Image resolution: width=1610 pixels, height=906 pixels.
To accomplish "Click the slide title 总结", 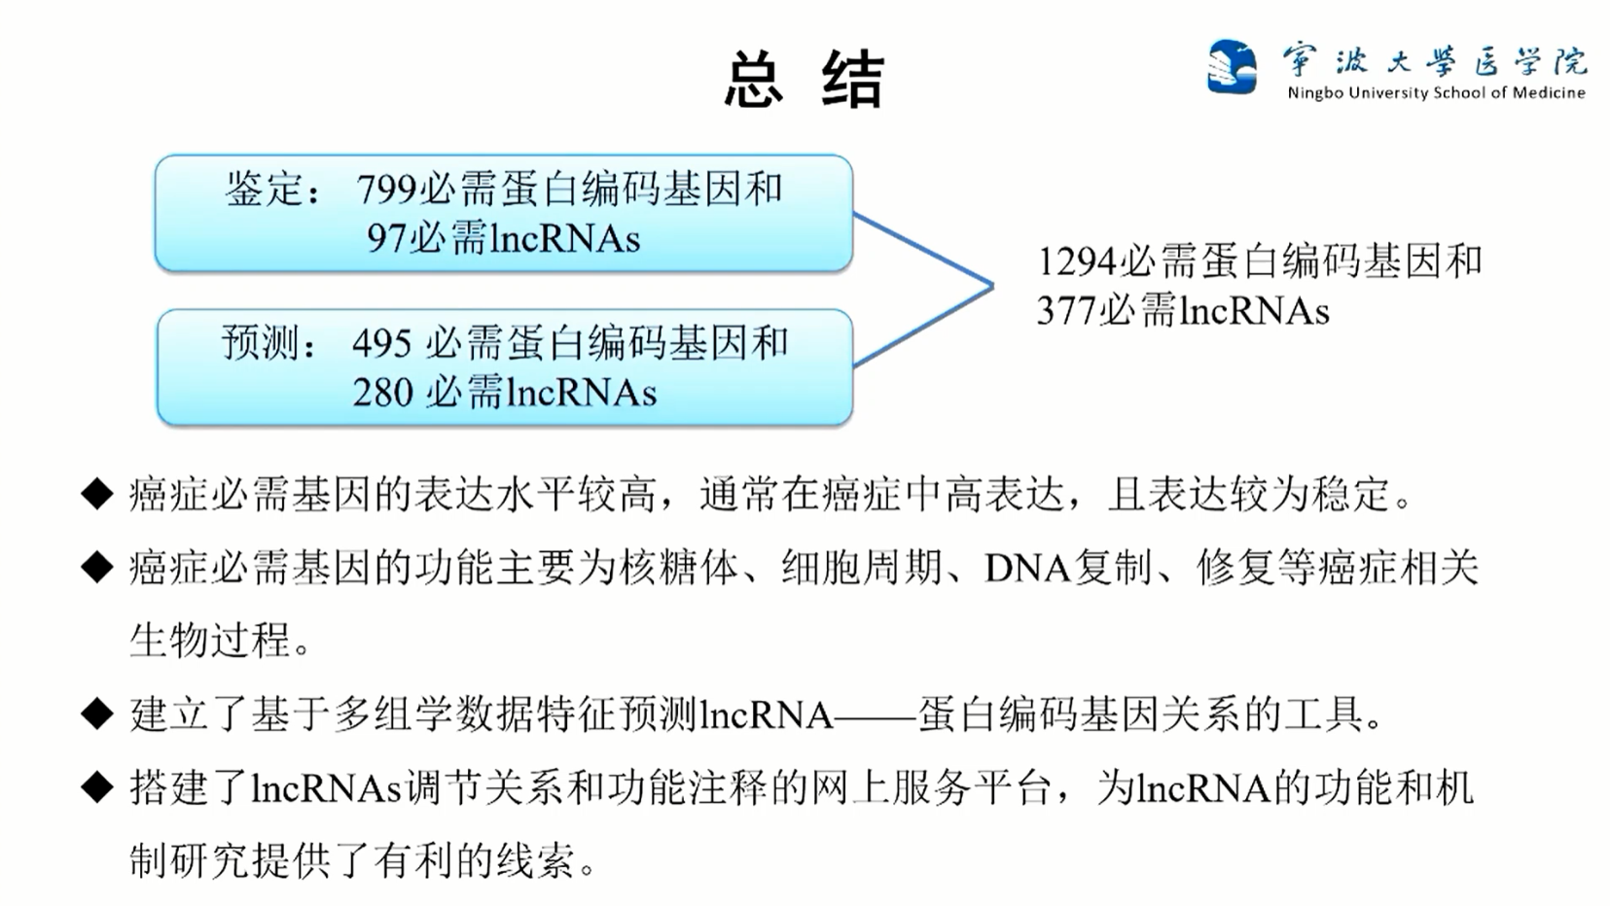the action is [x=804, y=79].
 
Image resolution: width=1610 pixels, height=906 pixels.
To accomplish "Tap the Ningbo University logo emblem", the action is [x=1231, y=66].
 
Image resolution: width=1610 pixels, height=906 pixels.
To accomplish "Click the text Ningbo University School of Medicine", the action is [x=1436, y=93].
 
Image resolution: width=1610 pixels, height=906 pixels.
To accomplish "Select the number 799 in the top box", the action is [x=386, y=190].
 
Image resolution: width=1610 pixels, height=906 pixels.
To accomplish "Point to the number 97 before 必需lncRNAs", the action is [x=386, y=238].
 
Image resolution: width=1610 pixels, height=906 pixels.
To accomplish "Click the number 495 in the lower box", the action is [x=382, y=343].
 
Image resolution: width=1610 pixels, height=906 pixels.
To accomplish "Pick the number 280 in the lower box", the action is [x=382, y=393].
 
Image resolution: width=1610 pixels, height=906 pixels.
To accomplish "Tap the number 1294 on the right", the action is [x=1077, y=261].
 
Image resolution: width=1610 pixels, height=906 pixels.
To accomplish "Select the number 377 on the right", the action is [x=1066, y=311].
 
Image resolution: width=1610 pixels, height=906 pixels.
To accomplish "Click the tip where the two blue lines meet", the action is [x=991, y=286].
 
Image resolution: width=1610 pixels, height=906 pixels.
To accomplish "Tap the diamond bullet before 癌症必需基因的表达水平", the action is [x=97, y=495].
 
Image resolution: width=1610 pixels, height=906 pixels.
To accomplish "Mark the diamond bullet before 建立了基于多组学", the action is [x=97, y=714].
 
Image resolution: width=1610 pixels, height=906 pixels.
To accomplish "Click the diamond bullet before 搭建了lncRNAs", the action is [x=97, y=787].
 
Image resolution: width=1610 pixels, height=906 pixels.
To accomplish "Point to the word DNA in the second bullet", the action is [x=1026, y=568].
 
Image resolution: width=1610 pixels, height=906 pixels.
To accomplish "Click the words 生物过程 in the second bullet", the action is [x=210, y=641].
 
